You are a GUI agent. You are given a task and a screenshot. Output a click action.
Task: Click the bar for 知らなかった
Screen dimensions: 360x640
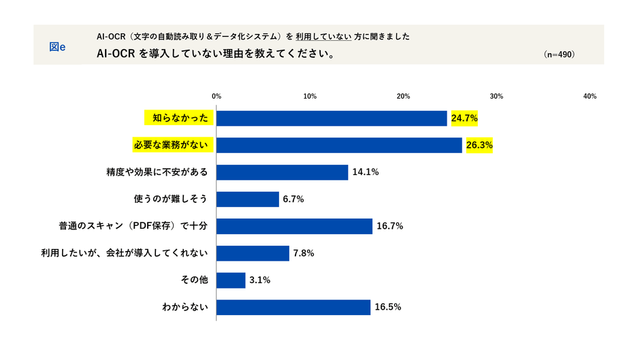point(332,118)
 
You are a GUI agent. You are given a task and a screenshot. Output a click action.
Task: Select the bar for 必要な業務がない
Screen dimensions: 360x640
point(339,145)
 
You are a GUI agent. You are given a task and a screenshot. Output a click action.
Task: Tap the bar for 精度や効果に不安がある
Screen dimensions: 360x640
point(283,172)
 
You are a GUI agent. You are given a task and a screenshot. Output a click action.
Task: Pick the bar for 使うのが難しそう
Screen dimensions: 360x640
point(248,199)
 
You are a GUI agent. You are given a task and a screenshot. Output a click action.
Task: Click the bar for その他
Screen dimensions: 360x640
point(231,280)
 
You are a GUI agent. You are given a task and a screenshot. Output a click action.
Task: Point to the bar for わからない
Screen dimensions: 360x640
point(293,307)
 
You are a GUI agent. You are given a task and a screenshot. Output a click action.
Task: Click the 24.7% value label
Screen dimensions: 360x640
point(464,118)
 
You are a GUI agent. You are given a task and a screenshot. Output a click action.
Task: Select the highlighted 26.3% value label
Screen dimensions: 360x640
point(479,145)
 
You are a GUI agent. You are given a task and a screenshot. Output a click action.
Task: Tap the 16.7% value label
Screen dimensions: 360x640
point(389,226)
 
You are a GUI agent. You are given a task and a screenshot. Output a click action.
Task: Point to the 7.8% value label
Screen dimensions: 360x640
point(304,253)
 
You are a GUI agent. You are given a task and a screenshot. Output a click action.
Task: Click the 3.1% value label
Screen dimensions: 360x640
point(260,280)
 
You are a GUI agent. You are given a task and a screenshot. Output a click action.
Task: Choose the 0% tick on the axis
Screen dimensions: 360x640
point(217,96)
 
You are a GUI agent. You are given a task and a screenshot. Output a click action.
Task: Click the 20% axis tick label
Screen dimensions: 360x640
point(403,96)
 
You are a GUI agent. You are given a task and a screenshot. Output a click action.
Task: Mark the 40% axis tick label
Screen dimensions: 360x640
point(590,96)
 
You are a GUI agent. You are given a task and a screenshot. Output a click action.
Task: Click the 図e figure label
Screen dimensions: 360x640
point(58,46)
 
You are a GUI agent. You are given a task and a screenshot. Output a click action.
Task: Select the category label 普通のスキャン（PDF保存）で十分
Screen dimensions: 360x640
point(136,226)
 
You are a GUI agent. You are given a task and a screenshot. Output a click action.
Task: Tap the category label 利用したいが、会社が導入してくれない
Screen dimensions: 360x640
point(129,253)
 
